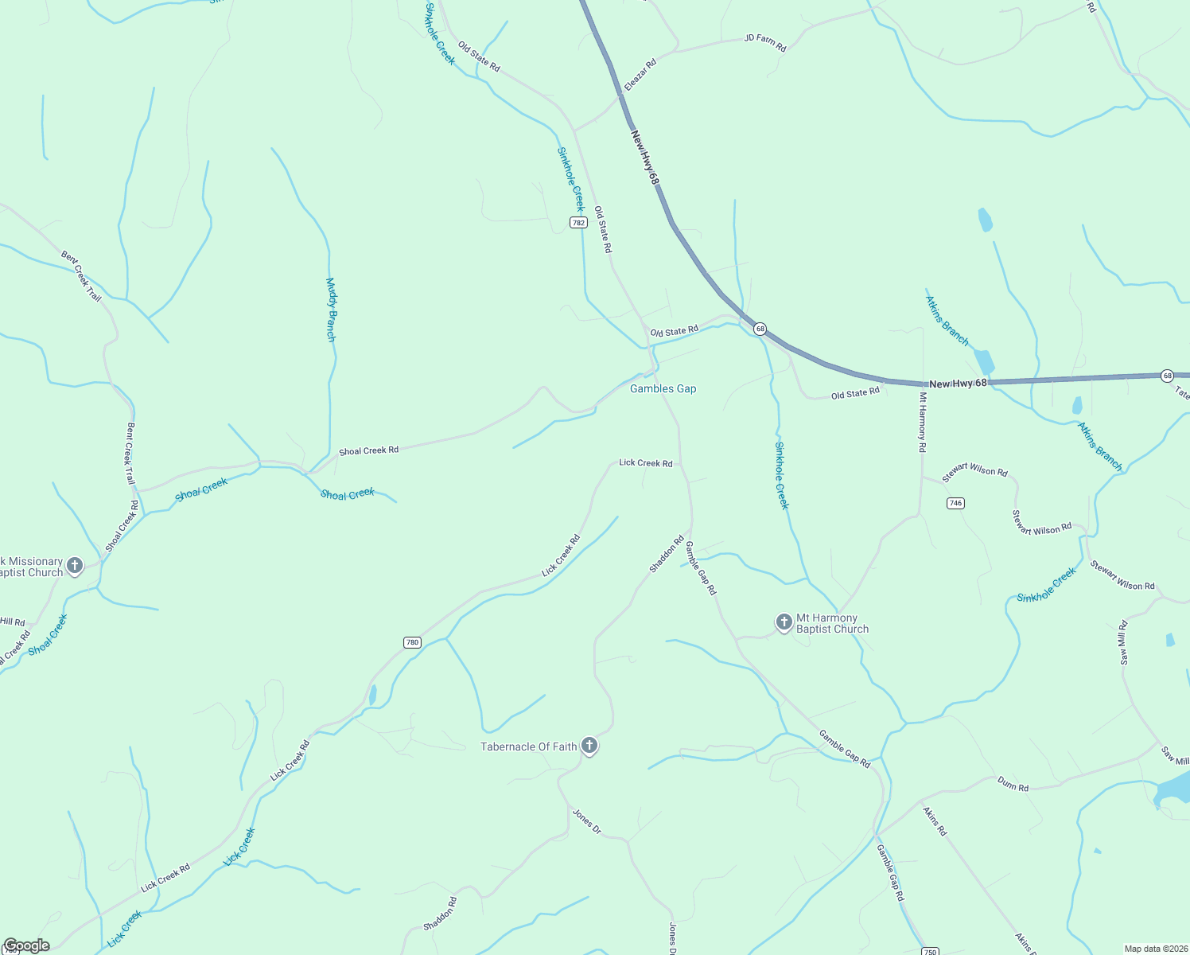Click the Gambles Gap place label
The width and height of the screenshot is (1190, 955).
point(663,388)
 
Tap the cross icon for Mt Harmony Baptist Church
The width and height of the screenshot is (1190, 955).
point(784,622)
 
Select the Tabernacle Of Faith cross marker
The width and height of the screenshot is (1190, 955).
point(589,746)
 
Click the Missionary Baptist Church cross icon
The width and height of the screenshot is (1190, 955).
point(75,566)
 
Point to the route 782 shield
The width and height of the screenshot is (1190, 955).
point(578,223)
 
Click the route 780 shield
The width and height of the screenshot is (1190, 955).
point(412,642)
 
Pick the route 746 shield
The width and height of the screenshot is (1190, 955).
point(955,503)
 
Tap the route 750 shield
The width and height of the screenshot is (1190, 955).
point(929,951)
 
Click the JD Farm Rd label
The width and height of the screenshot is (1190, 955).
point(765,42)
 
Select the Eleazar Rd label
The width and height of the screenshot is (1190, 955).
point(640,74)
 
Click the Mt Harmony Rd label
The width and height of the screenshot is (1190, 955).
point(923,422)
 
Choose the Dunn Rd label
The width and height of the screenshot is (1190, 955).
point(1013,784)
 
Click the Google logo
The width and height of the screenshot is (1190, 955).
point(26,945)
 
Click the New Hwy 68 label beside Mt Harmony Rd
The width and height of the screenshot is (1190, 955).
point(958,384)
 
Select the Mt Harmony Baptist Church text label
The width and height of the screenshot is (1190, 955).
point(832,623)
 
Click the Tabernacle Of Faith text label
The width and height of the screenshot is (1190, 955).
point(528,746)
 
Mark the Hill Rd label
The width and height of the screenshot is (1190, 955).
point(13,622)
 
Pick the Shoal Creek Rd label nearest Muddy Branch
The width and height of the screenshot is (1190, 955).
point(368,450)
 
